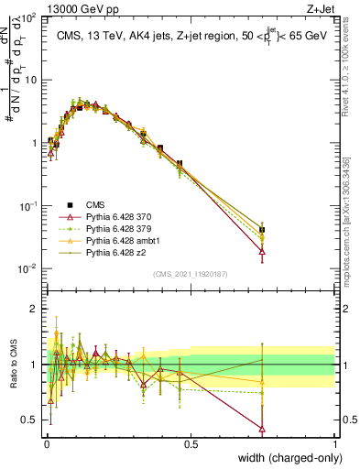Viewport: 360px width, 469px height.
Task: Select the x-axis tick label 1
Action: click(335, 443)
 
